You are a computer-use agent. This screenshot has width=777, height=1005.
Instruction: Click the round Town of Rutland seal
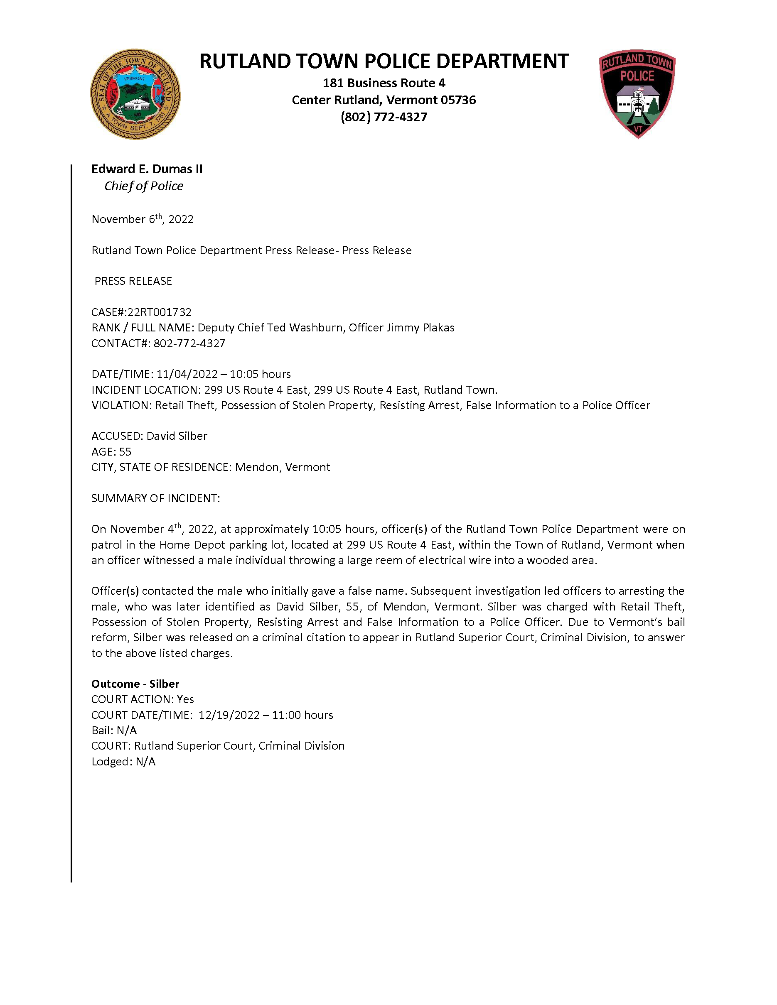click(x=135, y=94)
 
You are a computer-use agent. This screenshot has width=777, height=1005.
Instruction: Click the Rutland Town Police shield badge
click(x=637, y=93)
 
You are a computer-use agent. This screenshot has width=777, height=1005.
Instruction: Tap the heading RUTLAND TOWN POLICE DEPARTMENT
click(x=384, y=61)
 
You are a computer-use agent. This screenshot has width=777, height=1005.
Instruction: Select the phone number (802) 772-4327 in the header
click(x=384, y=117)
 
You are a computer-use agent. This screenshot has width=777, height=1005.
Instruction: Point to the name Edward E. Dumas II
click(x=147, y=169)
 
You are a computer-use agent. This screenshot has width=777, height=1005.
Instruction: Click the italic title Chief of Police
click(x=144, y=186)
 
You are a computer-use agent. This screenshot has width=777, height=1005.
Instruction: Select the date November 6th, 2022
click(x=142, y=219)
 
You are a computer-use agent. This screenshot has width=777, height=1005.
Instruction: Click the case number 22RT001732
click(x=159, y=312)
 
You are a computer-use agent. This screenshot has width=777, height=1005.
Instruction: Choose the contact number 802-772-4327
click(x=189, y=343)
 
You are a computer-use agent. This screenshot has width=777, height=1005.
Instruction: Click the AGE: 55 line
click(x=111, y=451)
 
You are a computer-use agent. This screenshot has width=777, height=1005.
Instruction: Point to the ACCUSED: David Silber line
click(x=149, y=436)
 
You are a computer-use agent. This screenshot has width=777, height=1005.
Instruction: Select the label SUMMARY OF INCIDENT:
click(x=155, y=498)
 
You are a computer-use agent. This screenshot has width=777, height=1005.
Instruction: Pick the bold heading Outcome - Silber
click(x=135, y=684)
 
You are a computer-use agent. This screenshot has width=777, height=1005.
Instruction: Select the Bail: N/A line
click(x=114, y=730)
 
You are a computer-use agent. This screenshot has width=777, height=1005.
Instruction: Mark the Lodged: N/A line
click(x=123, y=762)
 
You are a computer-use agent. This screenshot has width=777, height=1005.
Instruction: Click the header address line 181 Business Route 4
click(x=384, y=83)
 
